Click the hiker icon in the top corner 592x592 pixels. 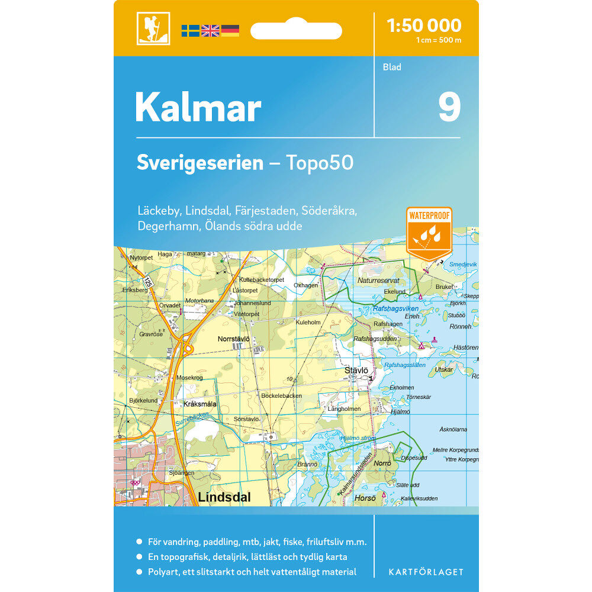click(x=153, y=28)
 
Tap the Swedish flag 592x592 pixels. click(x=190, y=30)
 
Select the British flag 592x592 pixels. click(x=210, y=30)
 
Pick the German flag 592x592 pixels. click(x=230, y=30)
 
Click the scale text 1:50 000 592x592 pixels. click(x=423, y=25)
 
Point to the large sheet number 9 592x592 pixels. click(x=449, y=107)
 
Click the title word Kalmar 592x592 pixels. click(x=198, y=108)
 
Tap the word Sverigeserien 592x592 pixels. click(x=200, y=163)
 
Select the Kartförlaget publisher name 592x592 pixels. click(x=426, y=572)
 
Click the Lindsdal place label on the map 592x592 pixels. click(x=224, y=498)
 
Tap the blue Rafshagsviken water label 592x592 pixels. click(x=395, y=309)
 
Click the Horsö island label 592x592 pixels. click(x=365, y=498)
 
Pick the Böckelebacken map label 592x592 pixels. click(x=281, y=395)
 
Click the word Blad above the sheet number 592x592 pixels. click(x=391, y=67)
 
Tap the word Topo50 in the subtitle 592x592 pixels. click(x=320, y=163)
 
